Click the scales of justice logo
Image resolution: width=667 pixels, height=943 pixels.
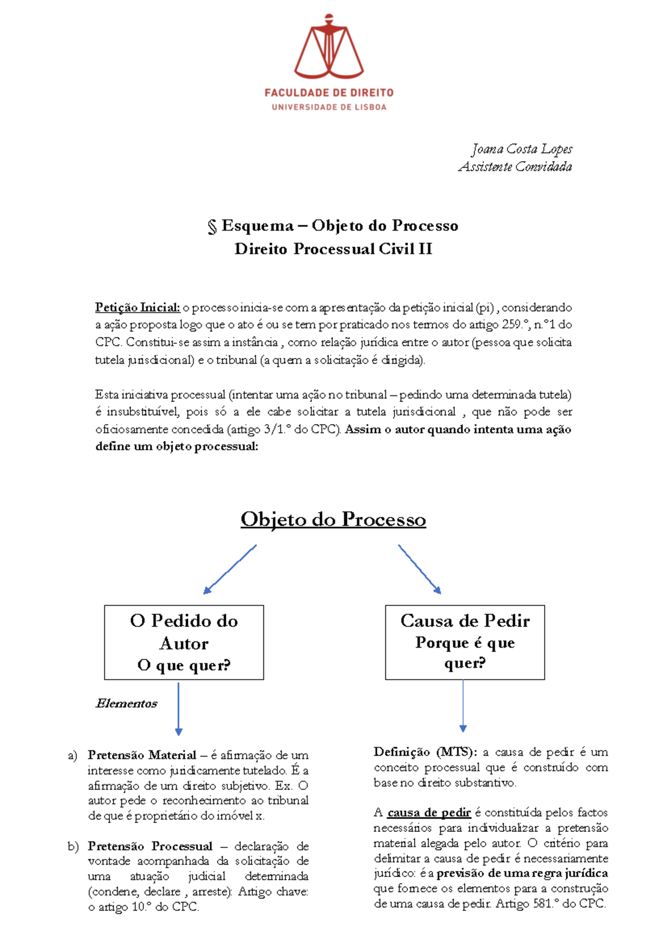click(328, 47)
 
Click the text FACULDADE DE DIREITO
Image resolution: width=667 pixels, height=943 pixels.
click(328, 93)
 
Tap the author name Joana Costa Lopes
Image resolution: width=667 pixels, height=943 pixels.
click(521, 149)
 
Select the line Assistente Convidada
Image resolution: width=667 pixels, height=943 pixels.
click(515, 167)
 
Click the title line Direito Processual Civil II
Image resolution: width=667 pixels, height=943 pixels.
click(333, 249)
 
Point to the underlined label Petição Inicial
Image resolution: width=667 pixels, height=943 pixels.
click(137, 307)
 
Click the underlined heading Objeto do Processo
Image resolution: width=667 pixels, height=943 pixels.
click(333, 519)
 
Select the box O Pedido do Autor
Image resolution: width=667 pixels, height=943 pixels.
click(184, 642)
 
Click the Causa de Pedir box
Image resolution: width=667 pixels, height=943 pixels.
click(465, 642)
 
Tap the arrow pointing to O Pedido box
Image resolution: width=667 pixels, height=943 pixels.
click(230, 569)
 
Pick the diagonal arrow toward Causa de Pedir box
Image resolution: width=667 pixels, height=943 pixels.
click(420, 569)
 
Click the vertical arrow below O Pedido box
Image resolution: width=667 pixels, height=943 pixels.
click(178, 709)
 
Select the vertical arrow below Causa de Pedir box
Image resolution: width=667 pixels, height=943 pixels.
click(463, 705)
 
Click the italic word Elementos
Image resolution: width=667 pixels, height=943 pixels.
click(127, 704)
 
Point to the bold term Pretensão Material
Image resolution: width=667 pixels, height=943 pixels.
click(142, 755)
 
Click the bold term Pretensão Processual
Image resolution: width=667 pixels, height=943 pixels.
click(150, 846)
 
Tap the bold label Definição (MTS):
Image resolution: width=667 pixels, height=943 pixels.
click(425, 752)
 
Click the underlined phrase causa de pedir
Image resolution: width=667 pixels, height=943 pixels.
click(429, 812)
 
